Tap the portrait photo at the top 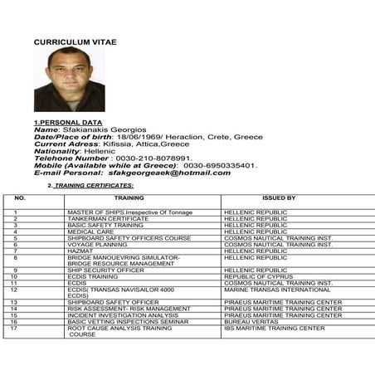click(x=69, y=79)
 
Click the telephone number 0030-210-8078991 click(x=154, y=158)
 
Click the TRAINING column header click(x=129, y=198)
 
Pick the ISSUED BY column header click(x=278, y=198)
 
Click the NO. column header click(x=20, y=198)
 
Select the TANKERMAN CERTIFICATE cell click(x=105, y=218)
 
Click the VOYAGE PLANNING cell click(x=97, y=244)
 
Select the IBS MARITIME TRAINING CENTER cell click(x=274, y=328)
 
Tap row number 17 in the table click(x=15, y=328)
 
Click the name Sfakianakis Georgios click(x=104, y=129)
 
